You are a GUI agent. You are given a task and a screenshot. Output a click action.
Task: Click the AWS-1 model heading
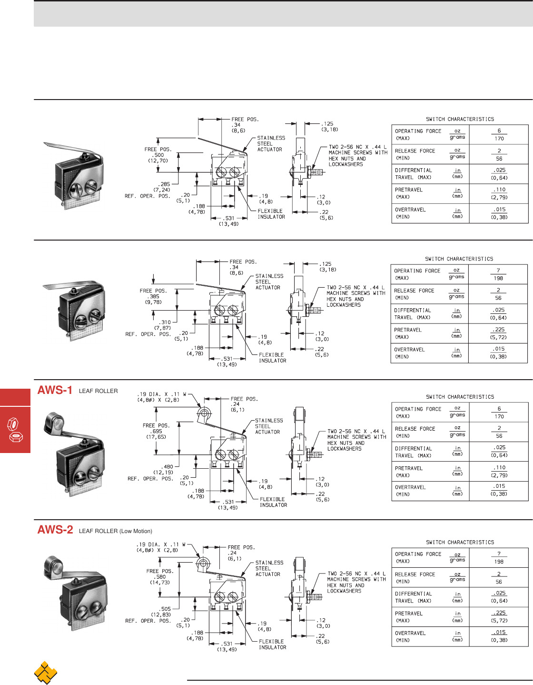(55, 390)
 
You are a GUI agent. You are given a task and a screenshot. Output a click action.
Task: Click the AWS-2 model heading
(55, 530)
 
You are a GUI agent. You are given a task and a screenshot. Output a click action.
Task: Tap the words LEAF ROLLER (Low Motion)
(116, 531)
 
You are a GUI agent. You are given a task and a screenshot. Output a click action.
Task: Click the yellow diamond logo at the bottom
(45, 672)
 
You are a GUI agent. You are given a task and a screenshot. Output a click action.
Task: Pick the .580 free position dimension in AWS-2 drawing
(160, 576)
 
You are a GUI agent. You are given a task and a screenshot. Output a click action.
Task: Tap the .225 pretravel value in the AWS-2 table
(499, 613)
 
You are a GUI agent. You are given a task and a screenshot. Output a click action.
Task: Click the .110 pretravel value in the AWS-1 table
(499, 467)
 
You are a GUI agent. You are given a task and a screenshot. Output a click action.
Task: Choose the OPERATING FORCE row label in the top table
(418, 131)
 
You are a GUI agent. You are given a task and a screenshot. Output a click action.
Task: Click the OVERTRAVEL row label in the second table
(410, 350)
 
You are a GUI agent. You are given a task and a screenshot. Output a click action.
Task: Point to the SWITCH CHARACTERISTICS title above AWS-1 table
(460, 397)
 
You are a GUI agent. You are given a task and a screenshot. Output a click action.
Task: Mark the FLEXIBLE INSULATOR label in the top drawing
(271, 214)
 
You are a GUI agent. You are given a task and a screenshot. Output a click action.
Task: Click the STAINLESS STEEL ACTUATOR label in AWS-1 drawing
(268, 426)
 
